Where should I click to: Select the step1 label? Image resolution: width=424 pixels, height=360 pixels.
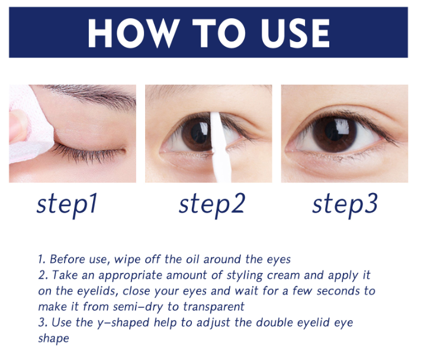coord(66,204)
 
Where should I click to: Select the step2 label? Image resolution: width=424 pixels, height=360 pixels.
coord(211,204)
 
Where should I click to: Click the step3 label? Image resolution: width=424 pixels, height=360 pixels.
coord(345,204)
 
